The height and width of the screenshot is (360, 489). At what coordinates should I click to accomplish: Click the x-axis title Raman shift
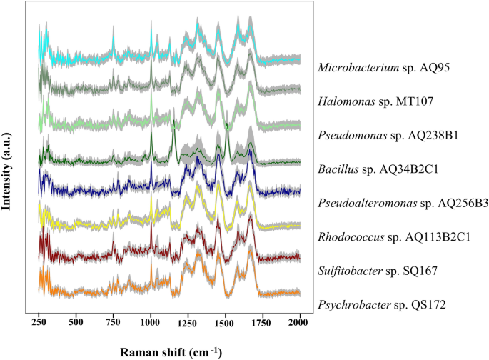(x=169, y=351)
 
